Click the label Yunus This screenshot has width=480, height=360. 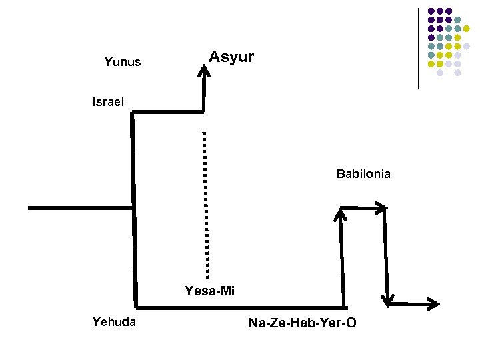click(123, 63)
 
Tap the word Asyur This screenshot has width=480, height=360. click(231, 57)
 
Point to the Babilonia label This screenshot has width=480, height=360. click(363, 175)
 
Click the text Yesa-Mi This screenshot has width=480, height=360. click(210, 291)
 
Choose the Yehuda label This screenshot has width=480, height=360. click(115, 323)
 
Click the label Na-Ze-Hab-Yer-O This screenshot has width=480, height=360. click(302, 323)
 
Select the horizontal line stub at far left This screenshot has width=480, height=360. click(80, 208)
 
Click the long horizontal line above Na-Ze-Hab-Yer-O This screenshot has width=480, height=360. click(240, 307)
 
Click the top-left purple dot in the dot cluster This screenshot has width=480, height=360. click(431, 11)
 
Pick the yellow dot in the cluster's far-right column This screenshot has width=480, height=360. click(467, 29)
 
